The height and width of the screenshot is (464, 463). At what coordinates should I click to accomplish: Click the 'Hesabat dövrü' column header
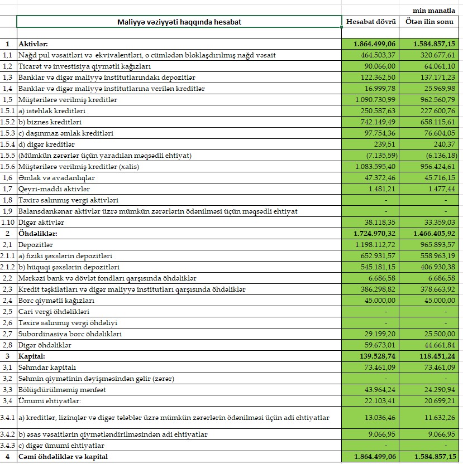click(371, 22)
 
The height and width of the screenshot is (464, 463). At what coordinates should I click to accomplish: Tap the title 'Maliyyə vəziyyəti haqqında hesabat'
click(179, 22)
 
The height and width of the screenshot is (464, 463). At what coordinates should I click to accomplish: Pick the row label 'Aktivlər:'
click(34, 43)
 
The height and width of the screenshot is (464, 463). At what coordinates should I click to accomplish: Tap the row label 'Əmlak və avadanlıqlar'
click(56, 178)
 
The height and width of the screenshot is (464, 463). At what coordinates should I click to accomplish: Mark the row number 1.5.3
click(8, 133)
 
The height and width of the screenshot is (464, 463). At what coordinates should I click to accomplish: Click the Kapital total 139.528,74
click(375, 356)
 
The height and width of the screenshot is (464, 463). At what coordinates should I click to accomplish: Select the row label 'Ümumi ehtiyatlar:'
click(50, 400)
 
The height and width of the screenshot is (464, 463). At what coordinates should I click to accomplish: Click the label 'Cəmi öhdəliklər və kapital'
click(63, 457)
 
